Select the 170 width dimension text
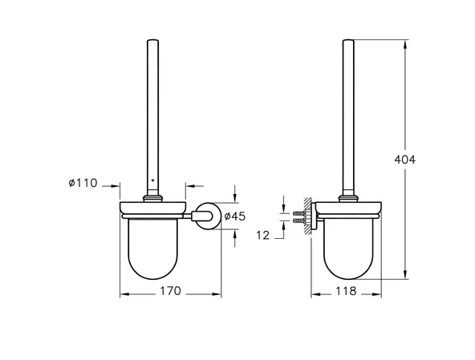(168, 290)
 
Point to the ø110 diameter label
(82, 184)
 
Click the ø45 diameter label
(234, 216)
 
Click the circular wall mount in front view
(206, 216)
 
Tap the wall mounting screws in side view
(298, 215)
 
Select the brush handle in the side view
(351, 112)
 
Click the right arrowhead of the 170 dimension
(217, 295)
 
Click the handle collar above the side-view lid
(351, 196)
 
